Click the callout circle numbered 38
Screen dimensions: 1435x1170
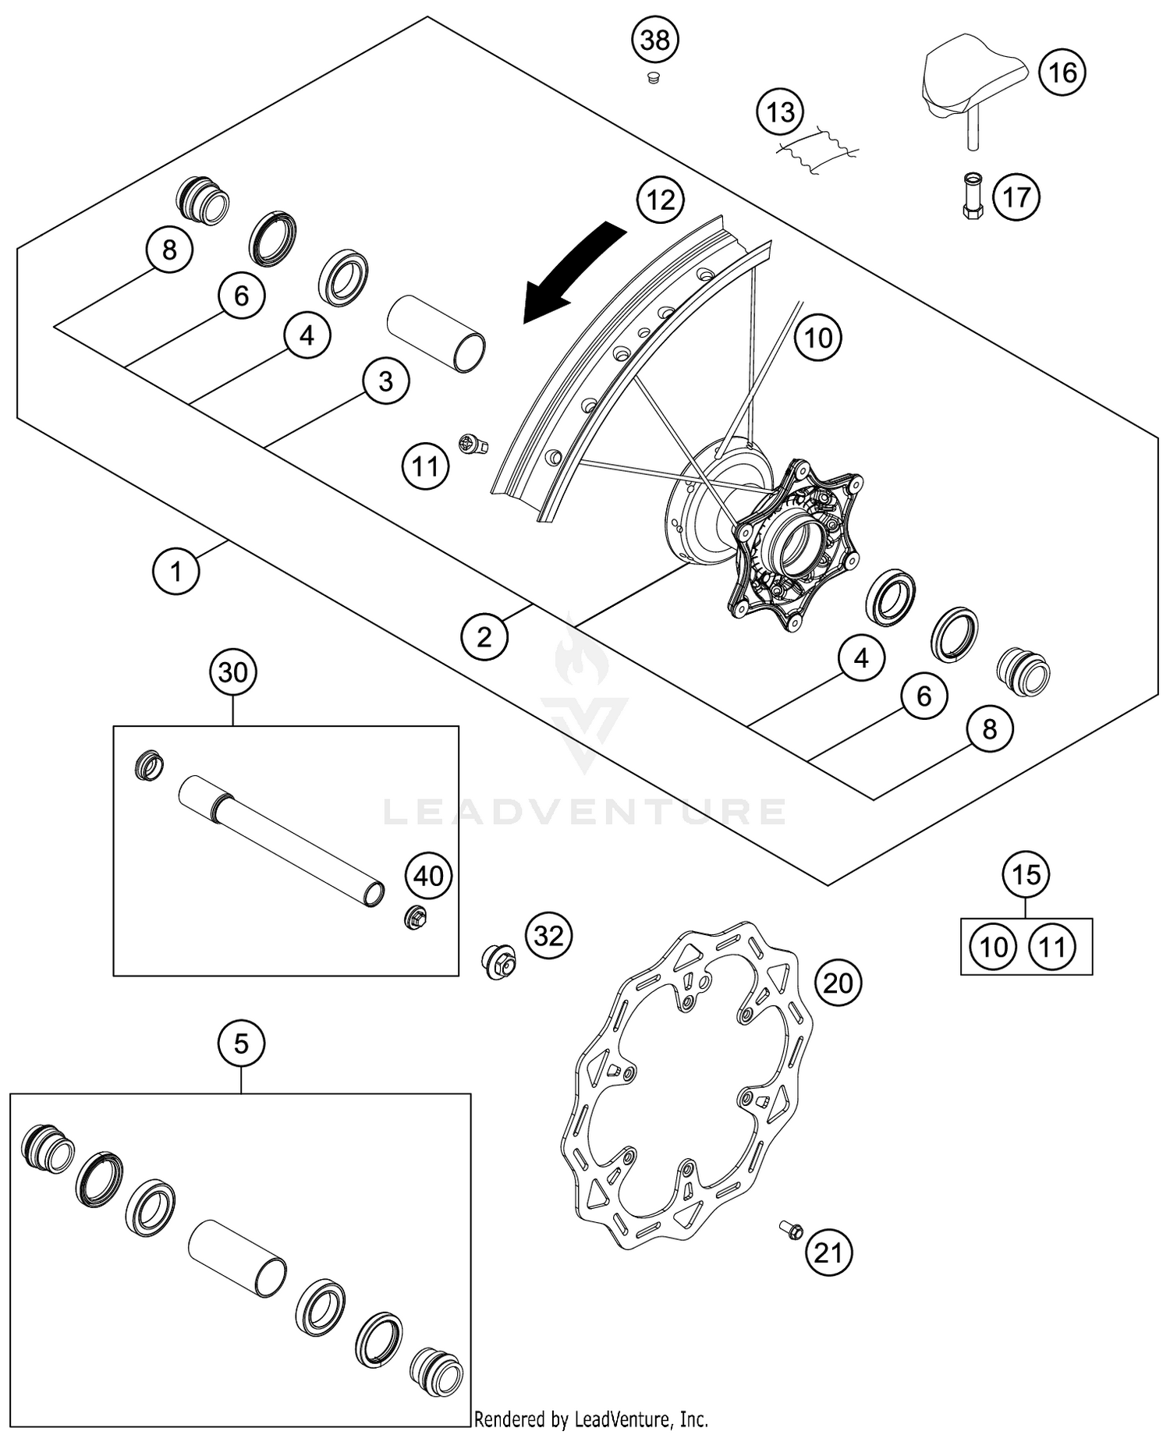tap(655, 39)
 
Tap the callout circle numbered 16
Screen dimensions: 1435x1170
tap(1062, 73)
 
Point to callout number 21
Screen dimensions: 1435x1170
tap(828, 1253)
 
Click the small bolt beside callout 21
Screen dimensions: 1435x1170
tap(791, 1230)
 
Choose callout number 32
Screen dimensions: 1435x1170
tap(548, 935)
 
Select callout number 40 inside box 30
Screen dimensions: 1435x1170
tap(428, 876)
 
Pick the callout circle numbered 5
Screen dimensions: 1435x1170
tap(241, 1043)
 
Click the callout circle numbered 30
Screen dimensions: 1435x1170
tap(233, 672)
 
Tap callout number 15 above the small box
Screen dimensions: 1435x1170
tap(1026, 874)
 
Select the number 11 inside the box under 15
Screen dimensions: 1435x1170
tap(1052, 948)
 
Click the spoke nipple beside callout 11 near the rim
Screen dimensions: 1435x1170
tap(473, 445)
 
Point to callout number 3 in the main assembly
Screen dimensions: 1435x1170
tap(385, 381)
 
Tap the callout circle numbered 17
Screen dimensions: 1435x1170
tap(1016, 197)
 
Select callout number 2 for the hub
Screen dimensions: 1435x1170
tap(484, 637)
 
